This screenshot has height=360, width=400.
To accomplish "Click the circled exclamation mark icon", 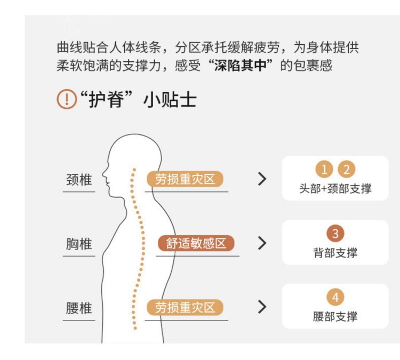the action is point(67,99).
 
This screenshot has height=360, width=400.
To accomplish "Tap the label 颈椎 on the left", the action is point(79,179).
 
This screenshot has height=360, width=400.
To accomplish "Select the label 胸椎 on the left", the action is point(79,244).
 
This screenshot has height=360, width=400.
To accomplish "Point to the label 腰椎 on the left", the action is point(79,308).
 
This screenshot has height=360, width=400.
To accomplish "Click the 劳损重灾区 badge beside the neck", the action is point(185,179).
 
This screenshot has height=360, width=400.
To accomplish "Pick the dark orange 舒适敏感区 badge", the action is point(196,243).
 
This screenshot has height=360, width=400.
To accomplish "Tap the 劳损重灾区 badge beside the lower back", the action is point(185,307).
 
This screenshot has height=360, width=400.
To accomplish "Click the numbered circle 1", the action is point(324,169).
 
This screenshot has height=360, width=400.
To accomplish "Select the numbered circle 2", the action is point(346,169).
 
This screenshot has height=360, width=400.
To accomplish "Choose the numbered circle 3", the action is point(335,233).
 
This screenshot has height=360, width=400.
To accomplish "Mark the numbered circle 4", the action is point(335,297).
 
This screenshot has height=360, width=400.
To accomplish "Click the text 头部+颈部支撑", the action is point(335,189).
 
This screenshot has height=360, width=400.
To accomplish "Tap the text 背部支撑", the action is point(335,253).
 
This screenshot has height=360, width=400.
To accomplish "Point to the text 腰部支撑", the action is point(335,317).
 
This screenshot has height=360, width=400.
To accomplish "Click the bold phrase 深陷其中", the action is point(241,66).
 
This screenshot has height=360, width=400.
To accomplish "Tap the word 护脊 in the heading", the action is point(106,100).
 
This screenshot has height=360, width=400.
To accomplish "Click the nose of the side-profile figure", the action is point(103,175).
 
